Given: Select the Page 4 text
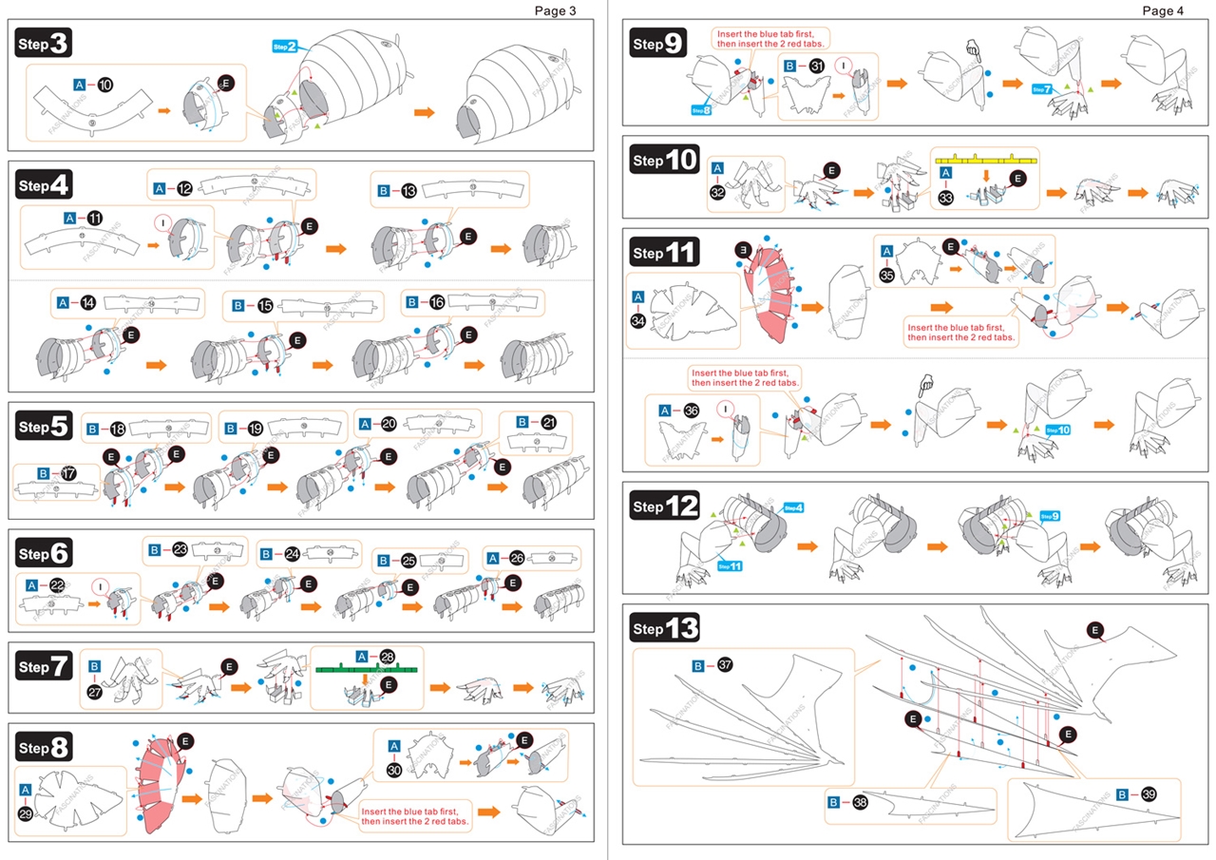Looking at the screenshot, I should [1163, 10].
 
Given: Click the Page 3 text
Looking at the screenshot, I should [555, 10].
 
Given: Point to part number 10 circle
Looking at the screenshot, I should [104, 85].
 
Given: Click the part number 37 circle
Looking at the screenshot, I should [725, 665].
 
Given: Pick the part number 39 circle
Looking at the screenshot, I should [1148, 794].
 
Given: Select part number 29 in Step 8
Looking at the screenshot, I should [26, 813].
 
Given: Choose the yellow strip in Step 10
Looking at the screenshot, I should [986, 157].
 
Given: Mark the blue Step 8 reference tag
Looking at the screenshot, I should [701, 110].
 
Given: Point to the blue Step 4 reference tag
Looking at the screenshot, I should [792, 507].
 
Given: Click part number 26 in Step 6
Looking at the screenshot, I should [517, 559].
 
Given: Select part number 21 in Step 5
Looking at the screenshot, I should [548, 422].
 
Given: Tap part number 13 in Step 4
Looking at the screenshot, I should [408, 191].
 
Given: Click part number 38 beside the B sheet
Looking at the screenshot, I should [860, 803].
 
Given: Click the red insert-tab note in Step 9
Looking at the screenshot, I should [769, 38].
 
